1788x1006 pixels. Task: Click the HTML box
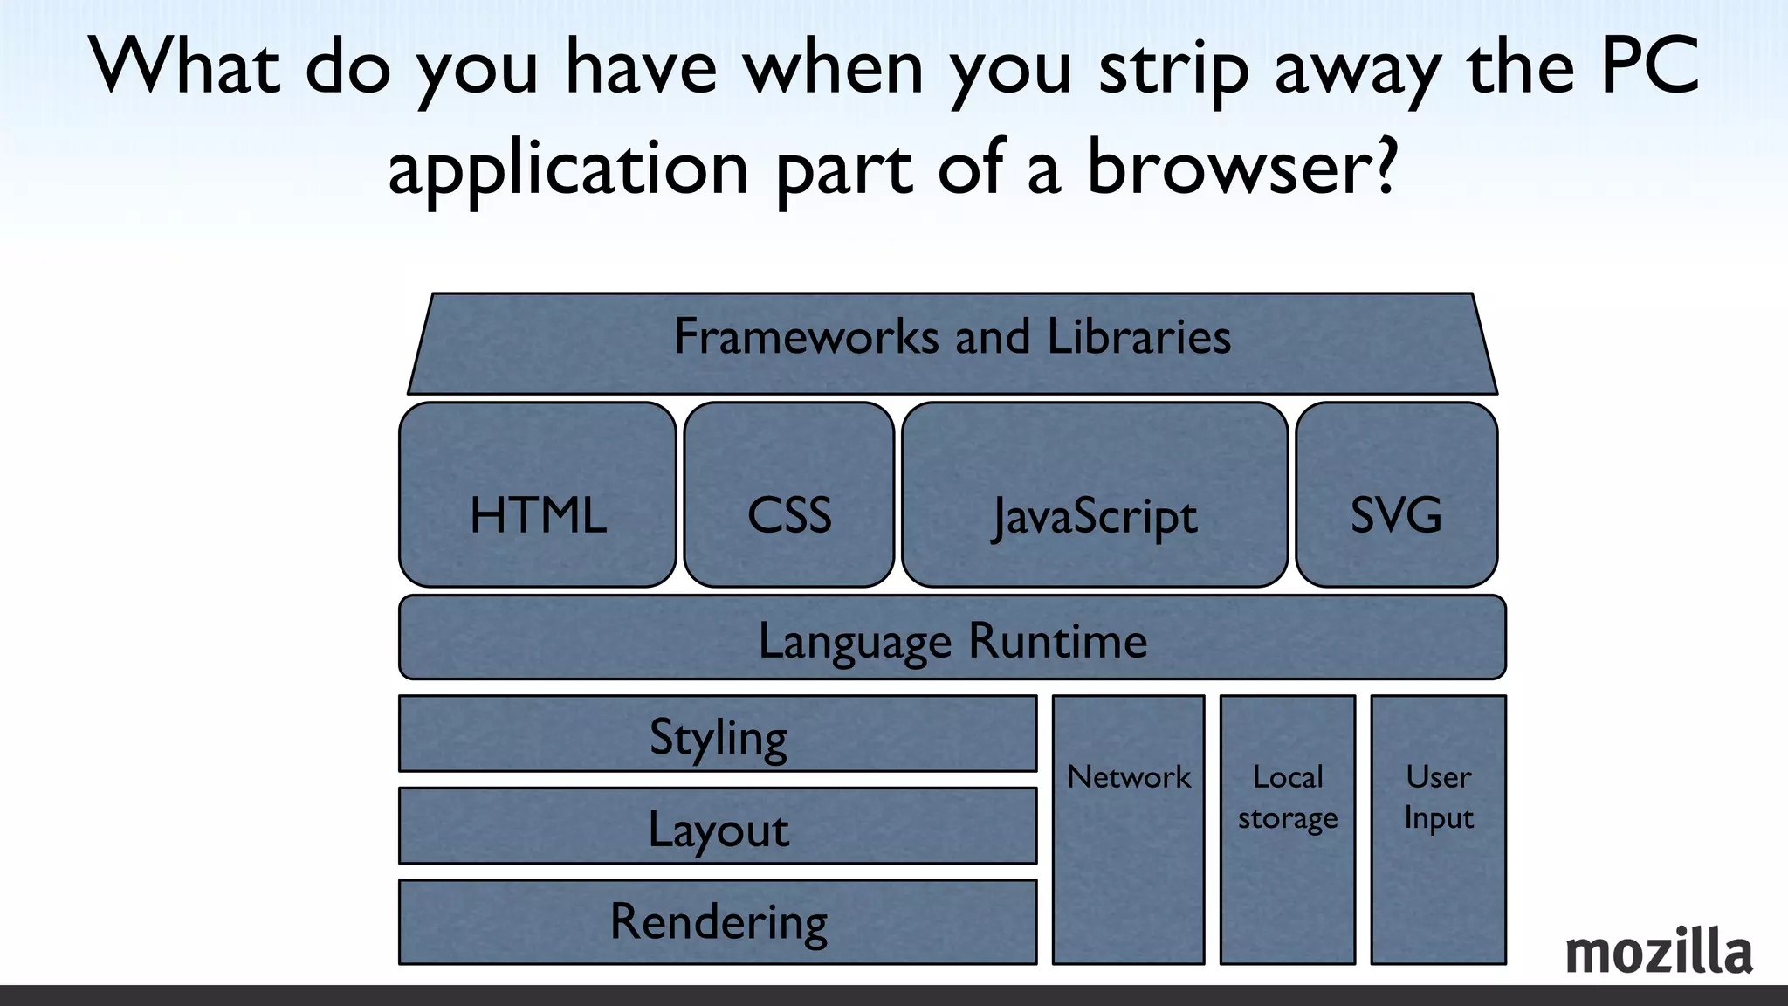pos(538,495)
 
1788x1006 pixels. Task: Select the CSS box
pos(789,495)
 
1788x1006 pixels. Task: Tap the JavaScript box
pos(1095,495)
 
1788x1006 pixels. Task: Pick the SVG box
pos(1397,495)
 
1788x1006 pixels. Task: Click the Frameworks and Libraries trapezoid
pos(952,343)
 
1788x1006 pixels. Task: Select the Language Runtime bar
pos(952,638)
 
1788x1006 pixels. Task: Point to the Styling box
pos(718,734)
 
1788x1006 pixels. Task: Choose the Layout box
pos(718,827)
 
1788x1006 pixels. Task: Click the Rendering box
pos(718,922)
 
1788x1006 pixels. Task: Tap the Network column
pos(1128,830)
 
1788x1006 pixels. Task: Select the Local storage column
pos(1288,830)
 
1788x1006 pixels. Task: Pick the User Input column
pos(1438,830)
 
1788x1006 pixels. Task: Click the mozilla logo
pos(1658,952)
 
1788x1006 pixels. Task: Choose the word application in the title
pos(567,168)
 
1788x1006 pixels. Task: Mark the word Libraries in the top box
pos(1138,336)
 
